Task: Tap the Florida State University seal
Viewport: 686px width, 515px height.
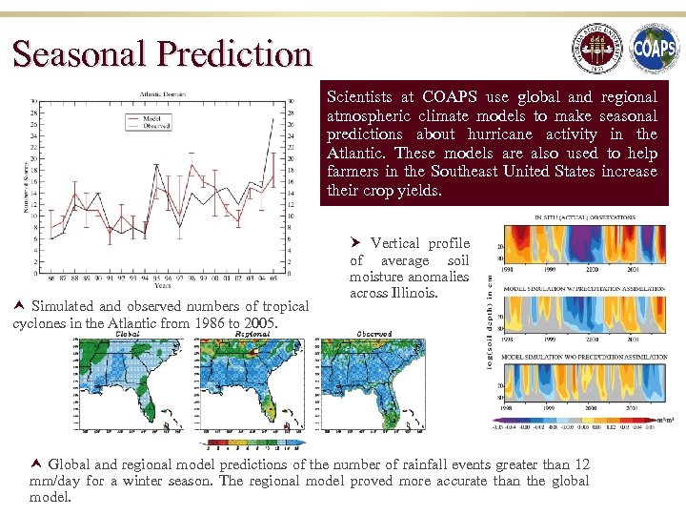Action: (x=595, y=49)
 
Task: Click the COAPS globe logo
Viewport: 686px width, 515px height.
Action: (x=654, y=49)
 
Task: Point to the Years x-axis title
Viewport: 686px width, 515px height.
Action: (x=164, y=285)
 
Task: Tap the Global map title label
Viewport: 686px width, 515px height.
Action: (x=128, y=335)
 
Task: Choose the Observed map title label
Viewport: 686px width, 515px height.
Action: (x=373, y=335)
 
